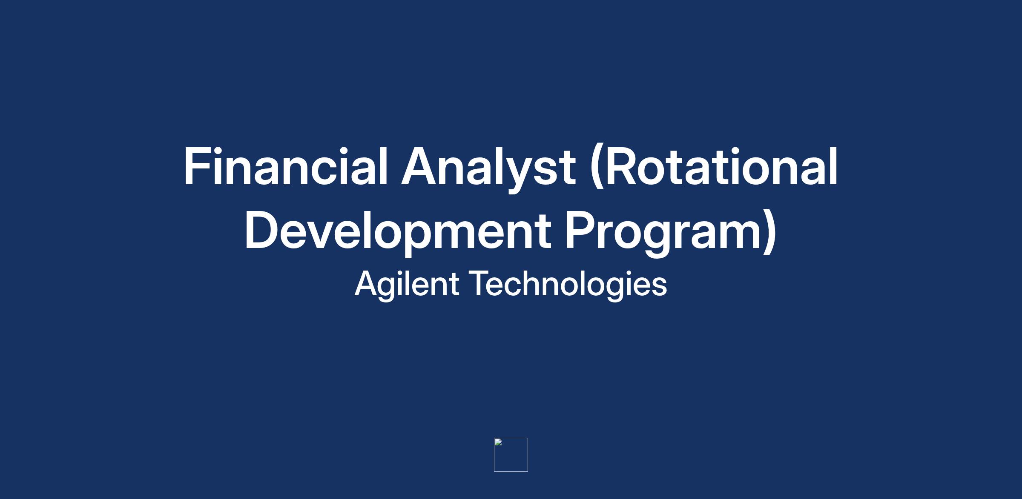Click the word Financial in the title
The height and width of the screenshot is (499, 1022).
pos(285,166)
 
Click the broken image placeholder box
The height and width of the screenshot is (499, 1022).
pos(511,455)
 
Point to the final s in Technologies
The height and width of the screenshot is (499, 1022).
pos(659,287)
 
